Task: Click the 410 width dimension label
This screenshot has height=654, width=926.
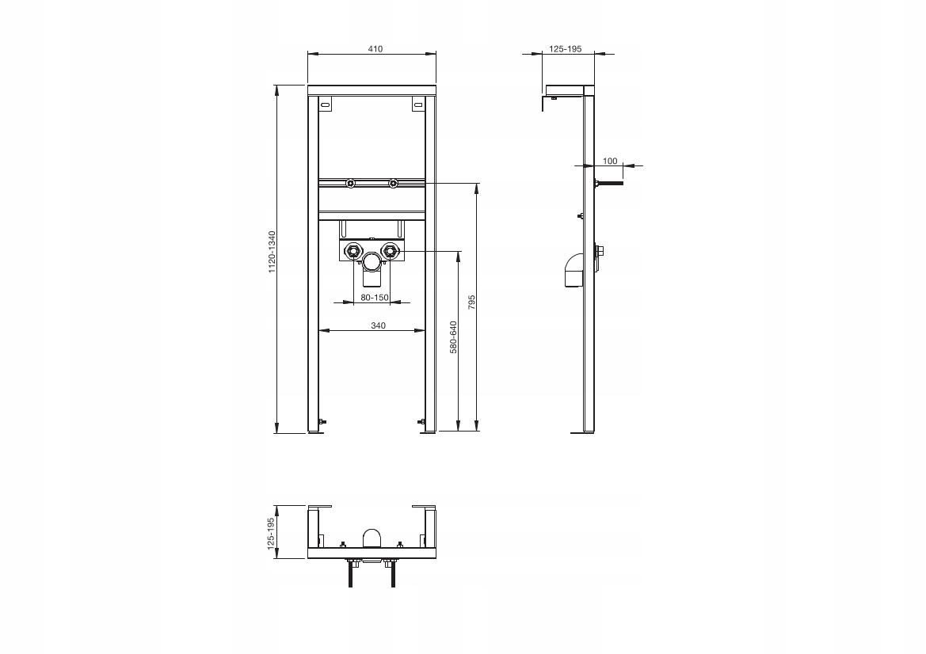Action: click(375, 49)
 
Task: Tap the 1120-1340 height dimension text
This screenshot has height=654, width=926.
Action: click(272, 252)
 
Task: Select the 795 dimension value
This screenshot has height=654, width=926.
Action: click(471, 302)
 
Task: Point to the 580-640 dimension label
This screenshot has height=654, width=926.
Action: click(454, 337)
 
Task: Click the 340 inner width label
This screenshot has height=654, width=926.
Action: click(378, 325)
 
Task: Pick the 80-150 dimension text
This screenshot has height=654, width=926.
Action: click(375, 298)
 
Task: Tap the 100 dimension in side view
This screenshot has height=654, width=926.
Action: click(610, 161)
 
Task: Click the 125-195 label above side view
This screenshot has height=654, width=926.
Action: click(566, 49)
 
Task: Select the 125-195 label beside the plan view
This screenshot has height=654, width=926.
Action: click(271, 534)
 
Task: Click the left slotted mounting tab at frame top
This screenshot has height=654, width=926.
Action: click(325, 105)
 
